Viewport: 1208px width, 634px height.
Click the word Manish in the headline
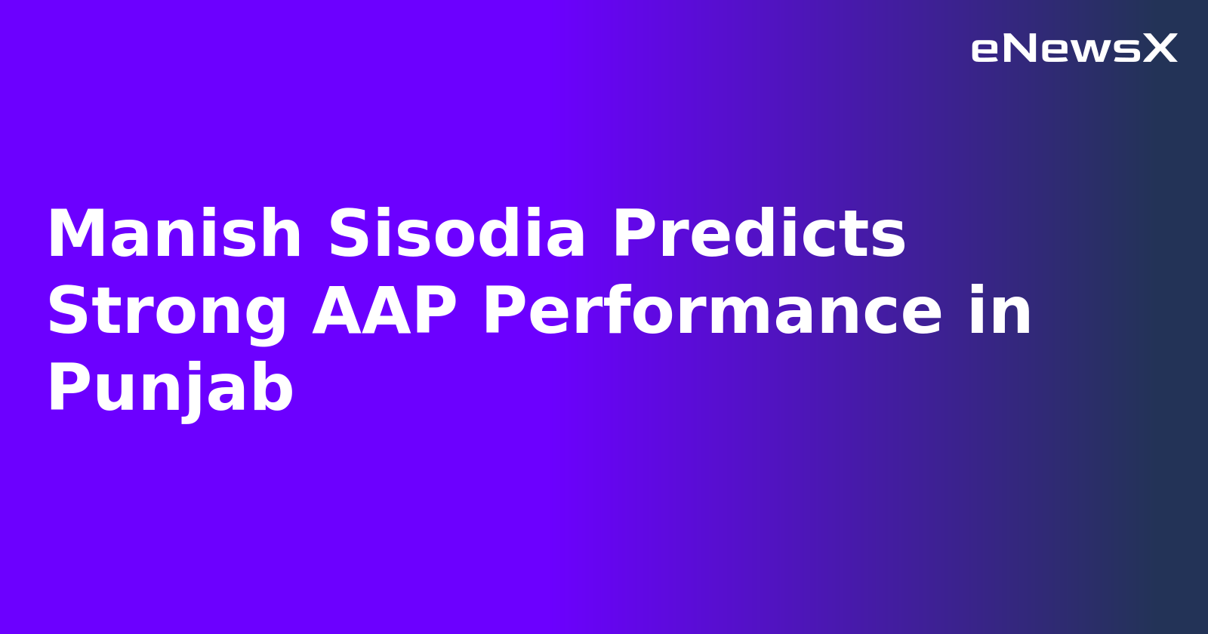174,234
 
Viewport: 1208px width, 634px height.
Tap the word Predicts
759,234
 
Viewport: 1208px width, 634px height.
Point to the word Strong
167,312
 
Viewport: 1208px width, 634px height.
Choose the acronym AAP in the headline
385,312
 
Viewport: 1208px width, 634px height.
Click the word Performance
713,312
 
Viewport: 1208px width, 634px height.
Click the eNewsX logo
1074,49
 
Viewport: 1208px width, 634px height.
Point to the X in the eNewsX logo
1160,49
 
